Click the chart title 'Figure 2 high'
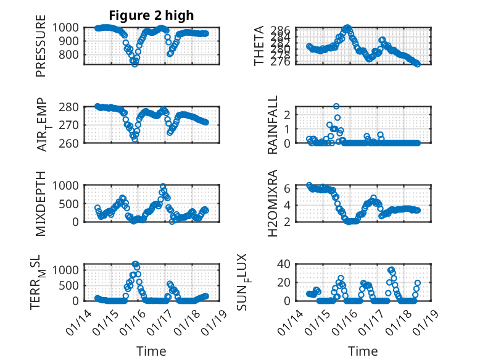[x=151, y=15]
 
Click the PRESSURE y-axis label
[x=41, y=49]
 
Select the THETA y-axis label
[x=260, y=46]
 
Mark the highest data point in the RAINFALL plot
[x=336, y=106]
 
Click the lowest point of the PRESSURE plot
[x=134, y=64]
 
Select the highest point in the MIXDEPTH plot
[x=163, y=186]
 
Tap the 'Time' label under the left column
[x=151, y=351]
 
